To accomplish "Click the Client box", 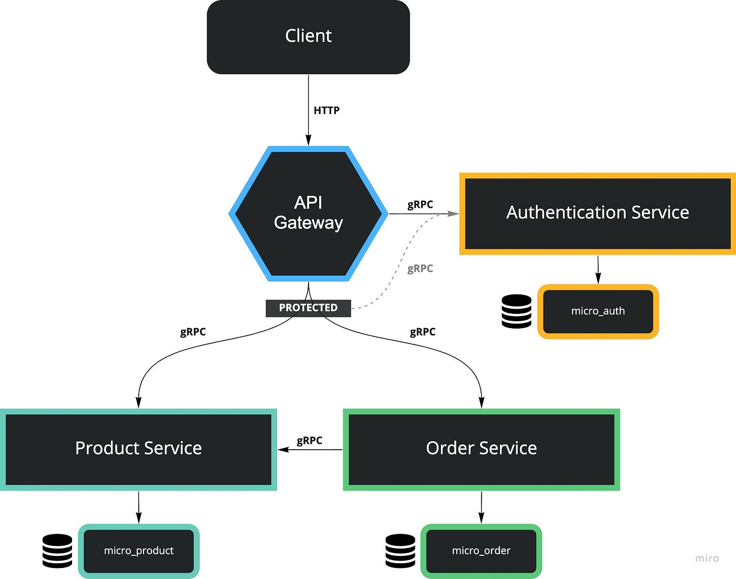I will tap(308, 37).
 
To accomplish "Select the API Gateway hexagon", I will tap(308, 213).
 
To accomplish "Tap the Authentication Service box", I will tap(598, 213).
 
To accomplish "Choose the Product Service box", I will tap(138, 449).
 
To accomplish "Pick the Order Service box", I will tap(481, 449).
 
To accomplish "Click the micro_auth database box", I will tap(598, 311).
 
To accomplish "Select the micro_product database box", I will tap(139, 551).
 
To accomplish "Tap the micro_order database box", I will tap(481, 551).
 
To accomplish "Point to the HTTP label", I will tap(326, 110).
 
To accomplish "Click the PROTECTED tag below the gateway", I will tap(308, 308).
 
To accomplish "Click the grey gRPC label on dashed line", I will tap(420, 269).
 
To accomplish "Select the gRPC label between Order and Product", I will tap(309, 441).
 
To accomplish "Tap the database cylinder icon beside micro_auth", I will tap(516, 311).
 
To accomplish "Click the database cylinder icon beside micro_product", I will tap(57, 551).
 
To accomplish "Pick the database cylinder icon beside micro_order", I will tap(400, 551).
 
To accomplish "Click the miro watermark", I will tap(707, 558).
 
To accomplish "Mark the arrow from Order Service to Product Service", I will tap(310, 450).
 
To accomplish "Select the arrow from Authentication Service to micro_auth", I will tap(598, 269).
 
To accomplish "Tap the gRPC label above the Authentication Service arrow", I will tap(420, 205).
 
